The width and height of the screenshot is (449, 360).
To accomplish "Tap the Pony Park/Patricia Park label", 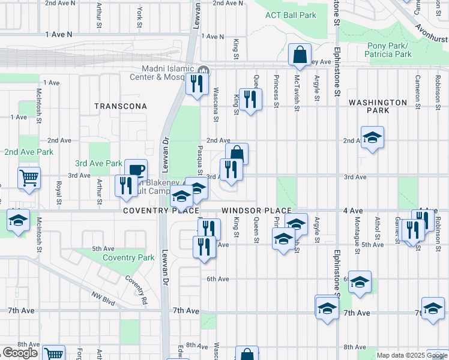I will (x=388, y=50).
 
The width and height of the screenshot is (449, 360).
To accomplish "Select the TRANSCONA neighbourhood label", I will (x=121, y=106).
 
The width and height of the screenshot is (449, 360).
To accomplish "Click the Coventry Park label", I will (x=128, y=258).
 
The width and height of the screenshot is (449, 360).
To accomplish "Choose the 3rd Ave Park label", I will (x=98, y=163).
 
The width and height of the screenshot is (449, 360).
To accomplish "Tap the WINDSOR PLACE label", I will (x=256, y=211).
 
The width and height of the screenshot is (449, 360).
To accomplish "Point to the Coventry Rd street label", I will (x=137, y=289).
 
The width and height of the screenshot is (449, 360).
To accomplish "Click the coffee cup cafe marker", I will (x=135, y=170).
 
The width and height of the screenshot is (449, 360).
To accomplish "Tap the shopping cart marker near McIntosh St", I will (x=28, y=178).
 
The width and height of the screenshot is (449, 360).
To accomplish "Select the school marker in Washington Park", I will (x=372, y=137).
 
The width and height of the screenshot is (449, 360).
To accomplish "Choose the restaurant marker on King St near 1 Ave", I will (x=250, y=98).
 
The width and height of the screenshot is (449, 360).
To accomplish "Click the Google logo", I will (x=20, y=353).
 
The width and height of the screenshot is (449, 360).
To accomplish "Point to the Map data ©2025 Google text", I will (x=411, y=355).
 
